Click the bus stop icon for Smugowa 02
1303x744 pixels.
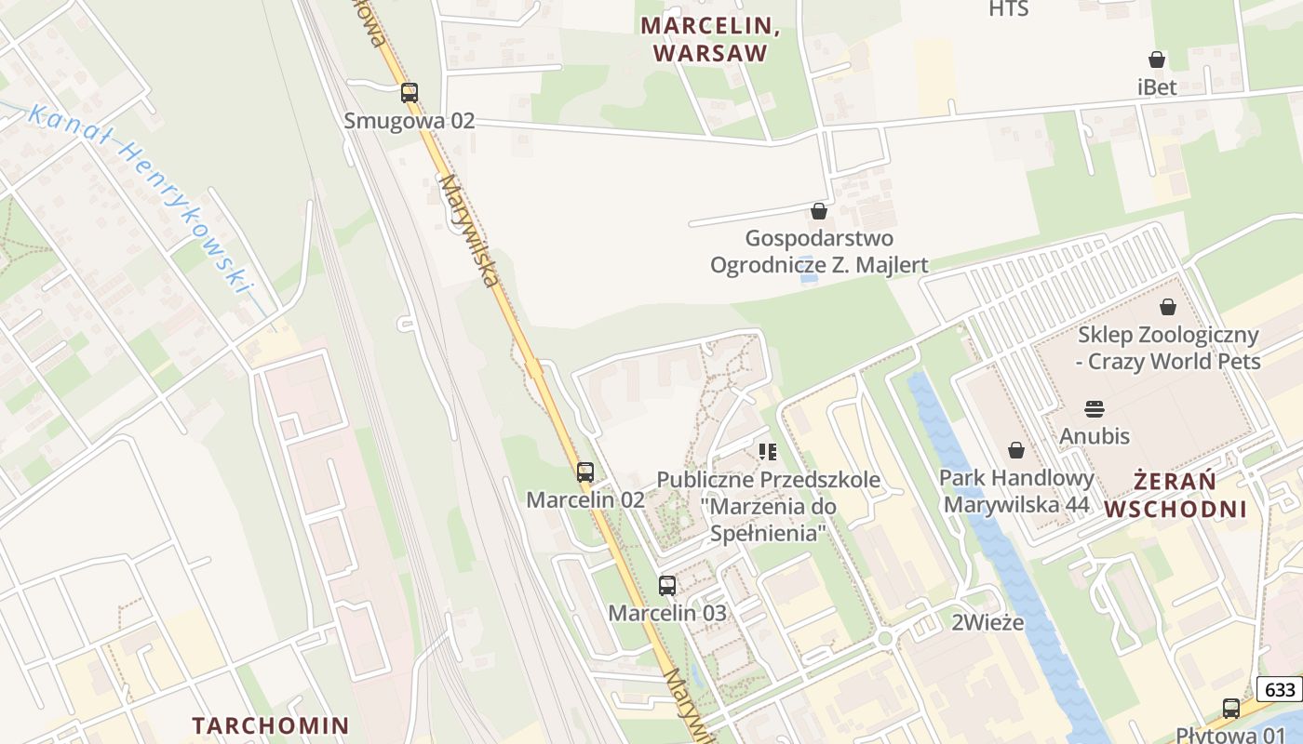click(410, 93)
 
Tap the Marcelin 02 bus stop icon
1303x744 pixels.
click(584, 472)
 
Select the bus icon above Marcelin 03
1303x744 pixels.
click(667, 586)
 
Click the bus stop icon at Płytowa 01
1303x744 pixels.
click(1230, 708)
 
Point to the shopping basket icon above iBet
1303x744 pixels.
click(1157, 60)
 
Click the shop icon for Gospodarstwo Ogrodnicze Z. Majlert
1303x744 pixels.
click(819, 211)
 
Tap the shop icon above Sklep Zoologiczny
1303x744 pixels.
click(1168, 307)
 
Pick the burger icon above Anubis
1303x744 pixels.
click(1095, 408)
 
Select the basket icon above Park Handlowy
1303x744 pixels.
click(1016, 450)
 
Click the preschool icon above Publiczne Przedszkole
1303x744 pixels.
click(768, 452)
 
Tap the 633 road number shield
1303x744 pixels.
click(1281, 689)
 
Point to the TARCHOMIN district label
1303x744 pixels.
click(270, 725)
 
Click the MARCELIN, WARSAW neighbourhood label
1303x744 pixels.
click(710, 39)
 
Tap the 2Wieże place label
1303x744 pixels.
click(987, 623)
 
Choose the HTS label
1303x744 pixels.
click(1008, 9)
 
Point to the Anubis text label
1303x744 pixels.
click(1095, 435)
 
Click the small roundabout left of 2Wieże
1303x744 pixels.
click(885, 638)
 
